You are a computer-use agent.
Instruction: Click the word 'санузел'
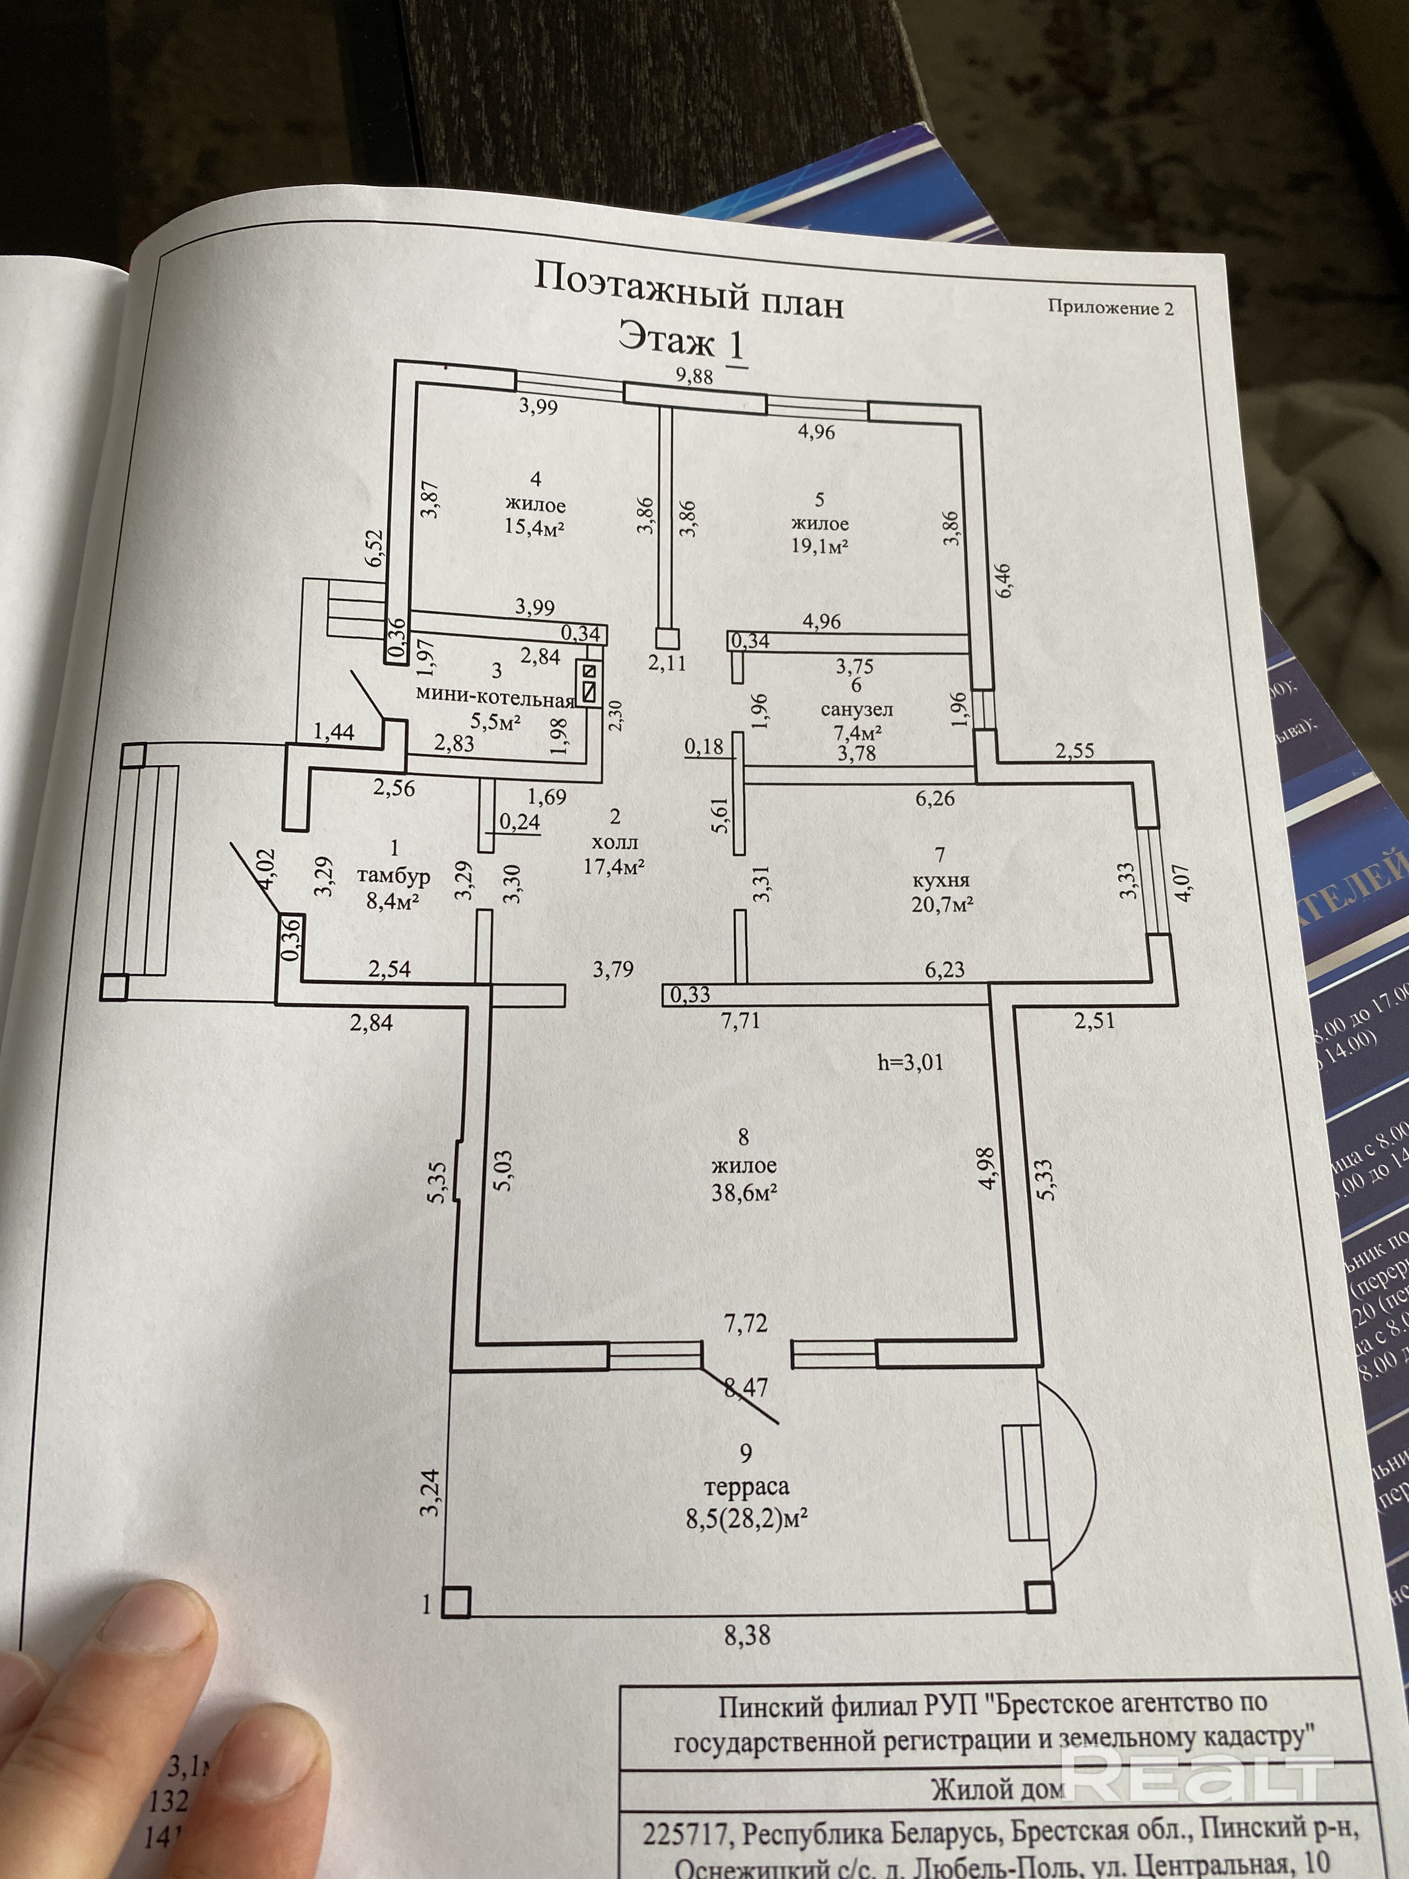(x=856, y=708)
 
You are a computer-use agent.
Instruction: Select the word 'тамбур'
(x=393, y=876)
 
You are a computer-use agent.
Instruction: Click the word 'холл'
(x=616, y=843)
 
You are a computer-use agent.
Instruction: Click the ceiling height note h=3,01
(x=910, y=1062)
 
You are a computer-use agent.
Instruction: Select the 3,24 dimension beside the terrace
(x=431, y=1493)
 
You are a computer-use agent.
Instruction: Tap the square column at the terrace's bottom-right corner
(x=1039, y=1597)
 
